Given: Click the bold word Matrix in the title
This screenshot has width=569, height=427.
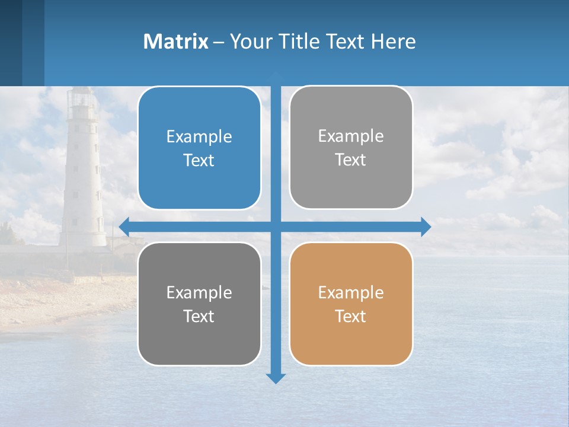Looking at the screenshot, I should tap(175, 42).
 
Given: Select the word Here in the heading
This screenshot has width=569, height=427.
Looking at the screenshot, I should tap(393, 42).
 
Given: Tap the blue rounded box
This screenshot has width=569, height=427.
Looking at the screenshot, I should tap(199, 148).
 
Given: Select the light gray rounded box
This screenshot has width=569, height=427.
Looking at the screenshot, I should tap(351, 148).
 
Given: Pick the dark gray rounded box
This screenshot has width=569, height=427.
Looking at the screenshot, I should tap(199, 304).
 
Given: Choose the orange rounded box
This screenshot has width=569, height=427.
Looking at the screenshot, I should tap(351, 304).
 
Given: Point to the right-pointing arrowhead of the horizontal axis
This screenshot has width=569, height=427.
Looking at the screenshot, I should tap(426, 227).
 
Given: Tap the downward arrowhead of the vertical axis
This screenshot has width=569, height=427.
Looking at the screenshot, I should tap(276, 378).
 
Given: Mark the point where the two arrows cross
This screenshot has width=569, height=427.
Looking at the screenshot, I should tap(276, 227).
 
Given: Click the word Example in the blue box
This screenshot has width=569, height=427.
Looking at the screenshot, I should tap(199, 137).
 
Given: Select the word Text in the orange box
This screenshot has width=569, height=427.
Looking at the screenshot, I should tap(351, 317).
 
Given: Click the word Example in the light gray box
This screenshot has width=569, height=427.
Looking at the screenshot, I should tap(351, 136).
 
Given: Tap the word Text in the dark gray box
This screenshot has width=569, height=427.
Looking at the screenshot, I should tap(199, 317).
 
